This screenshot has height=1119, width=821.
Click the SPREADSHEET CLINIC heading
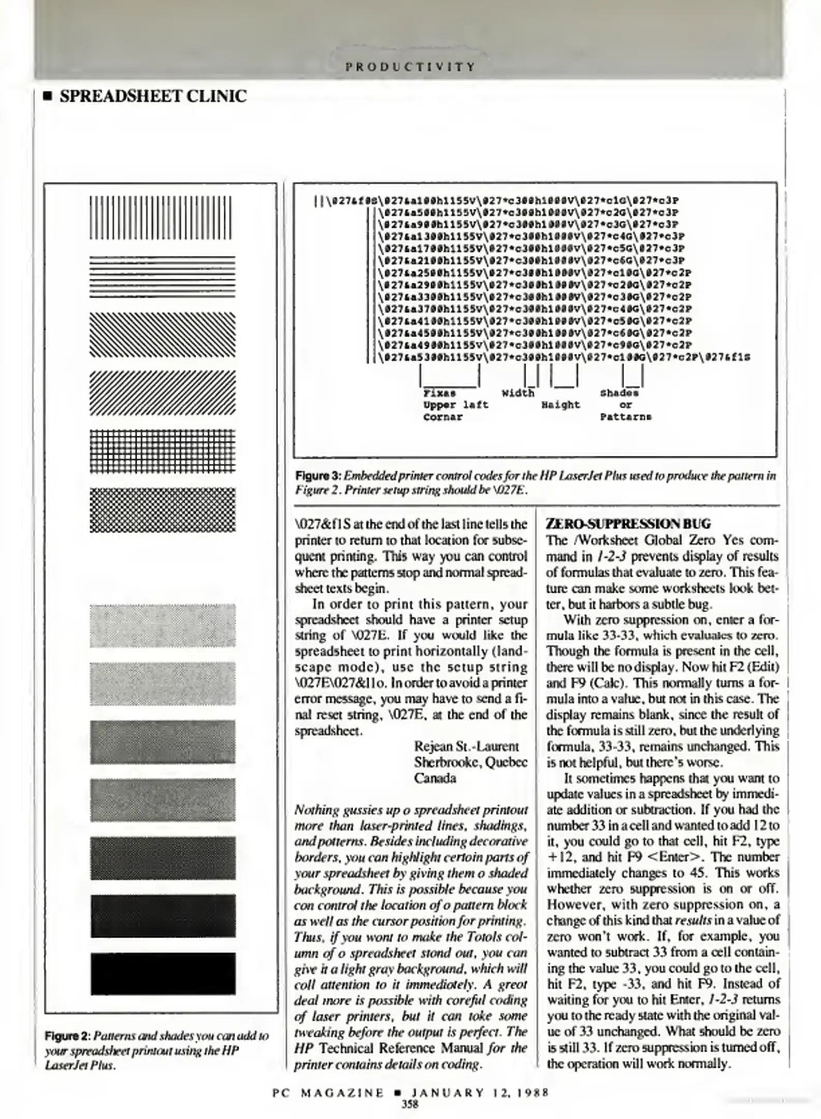[x=153, y=96]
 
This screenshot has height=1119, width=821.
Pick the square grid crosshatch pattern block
[x=162, y=451]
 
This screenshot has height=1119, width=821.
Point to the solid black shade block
[x=163, y=973]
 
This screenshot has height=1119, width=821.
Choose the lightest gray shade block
[x=162, y=625]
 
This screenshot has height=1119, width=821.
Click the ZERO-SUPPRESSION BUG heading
[x=628, y=523]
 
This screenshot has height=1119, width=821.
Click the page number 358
[x=410, y=1103]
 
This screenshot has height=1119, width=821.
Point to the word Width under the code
[x=517, y=393]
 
